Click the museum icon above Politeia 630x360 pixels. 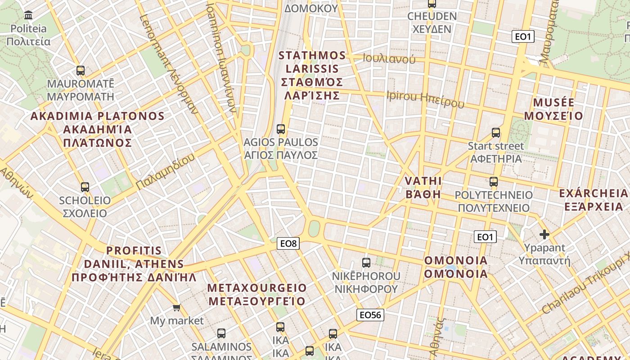click(x=29, y=15)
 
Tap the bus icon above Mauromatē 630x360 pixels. click(x=81, y=71)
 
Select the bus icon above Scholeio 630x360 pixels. click(x=85, y=187)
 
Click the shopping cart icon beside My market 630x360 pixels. click(x=177, y=308)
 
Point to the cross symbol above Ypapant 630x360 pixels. click(x=544, y=234)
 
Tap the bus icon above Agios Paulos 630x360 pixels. click(x=281, y=129)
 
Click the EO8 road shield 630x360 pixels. click(x=288, y=244)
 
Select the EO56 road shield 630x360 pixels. click(x=370, y=315)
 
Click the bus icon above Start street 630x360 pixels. click(x=496, y=133)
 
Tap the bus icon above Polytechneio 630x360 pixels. click(x=494, y=182)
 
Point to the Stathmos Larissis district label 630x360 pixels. click(x=312, y=75)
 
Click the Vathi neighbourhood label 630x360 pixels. click(x=423, y=188)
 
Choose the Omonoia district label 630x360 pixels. click(x=456, y=267)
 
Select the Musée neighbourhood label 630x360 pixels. click(x=553, y=109)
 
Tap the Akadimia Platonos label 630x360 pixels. click(x=97, y=130)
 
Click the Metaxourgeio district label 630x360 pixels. click(x=257, y=294)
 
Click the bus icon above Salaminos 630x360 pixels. click(x=221, y=333)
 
